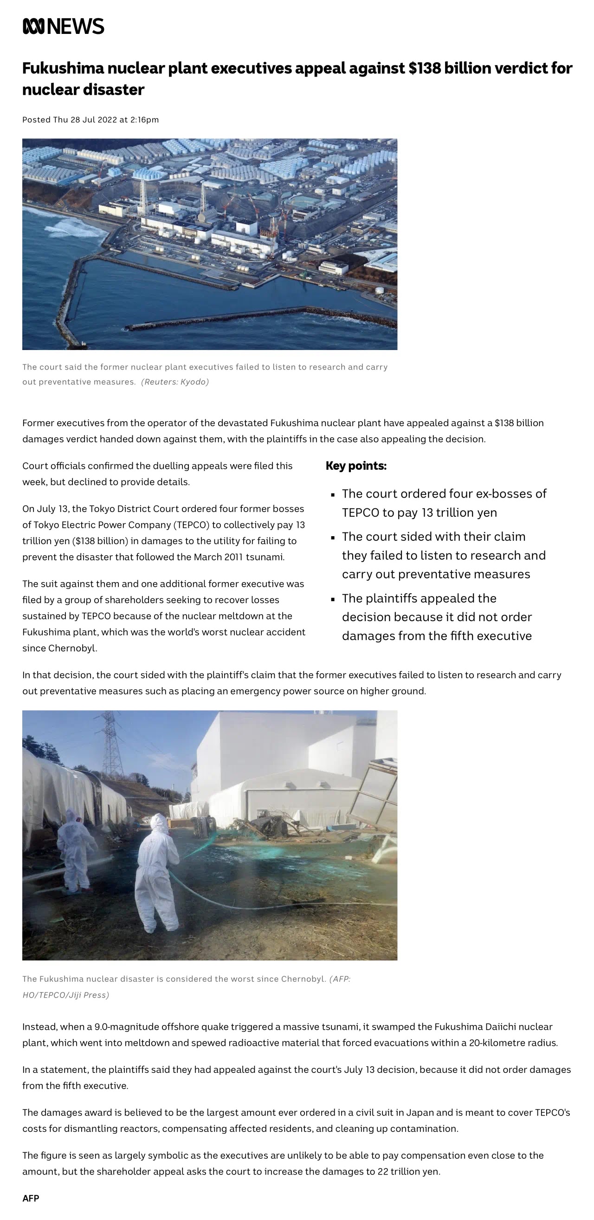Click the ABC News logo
(64, 26)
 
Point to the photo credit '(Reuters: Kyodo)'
(174, 382)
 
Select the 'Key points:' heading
(356, 466)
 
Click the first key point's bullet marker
(333, 494)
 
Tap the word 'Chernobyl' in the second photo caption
(303, 979)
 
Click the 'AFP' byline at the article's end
(31, 1198)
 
